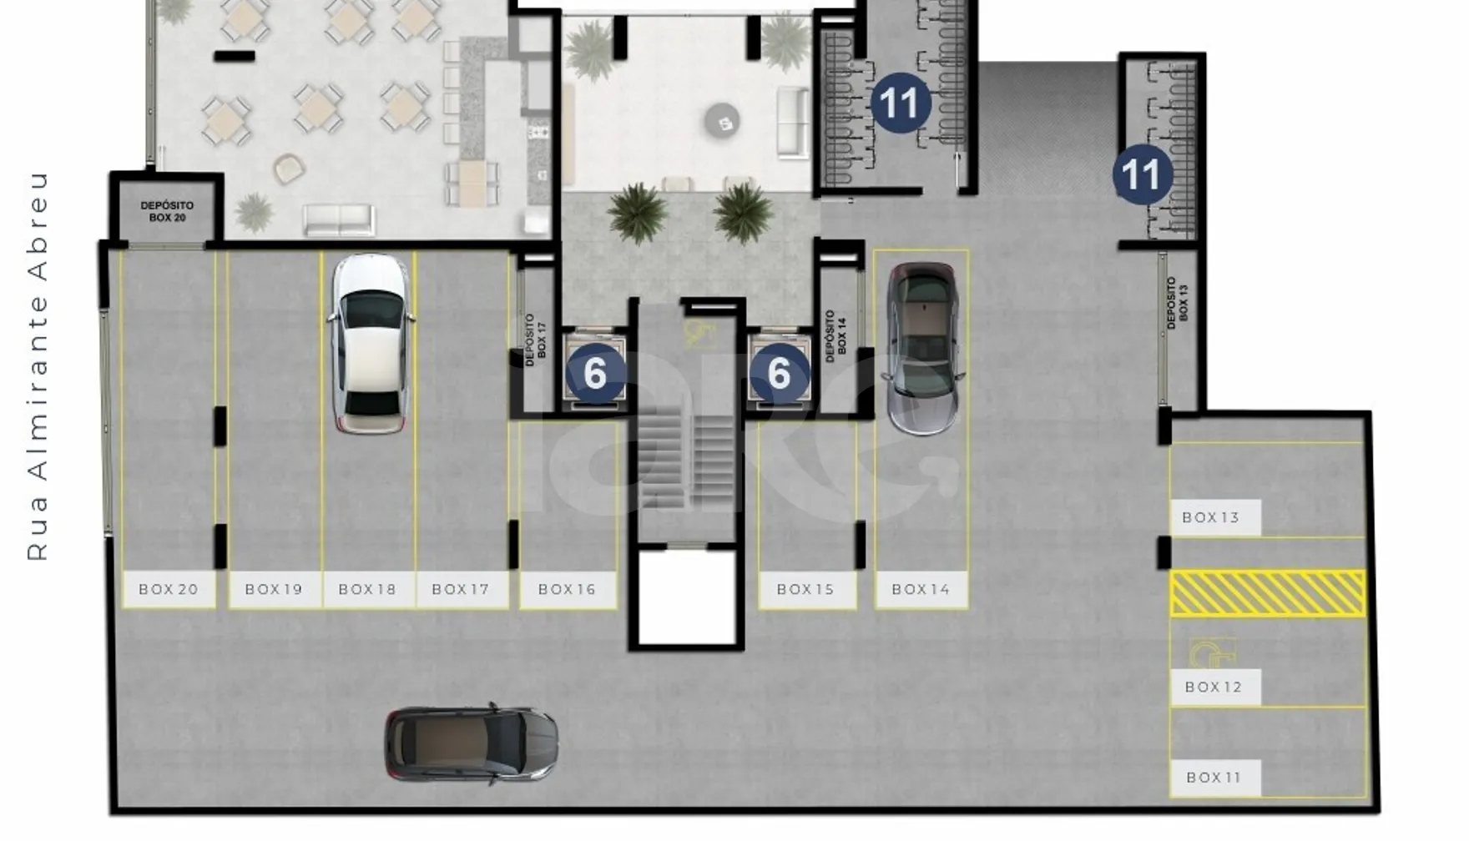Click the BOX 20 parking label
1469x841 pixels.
click(x=169, y=589)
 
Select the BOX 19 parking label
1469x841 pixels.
click(x=274, y=589)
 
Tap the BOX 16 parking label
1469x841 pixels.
click(x=568, y=589)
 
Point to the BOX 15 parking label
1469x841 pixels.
click(x=806, y=589)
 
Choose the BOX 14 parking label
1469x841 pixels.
click(x=921, y=589)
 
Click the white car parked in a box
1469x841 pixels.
click(x=370, y=344)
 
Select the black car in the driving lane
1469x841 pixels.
click(x=471, y=744)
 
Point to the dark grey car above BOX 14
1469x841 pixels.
click(x=921, y=349)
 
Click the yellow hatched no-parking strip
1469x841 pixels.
click(x=1267, y=593)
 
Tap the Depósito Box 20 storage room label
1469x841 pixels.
click(x=167, y=211)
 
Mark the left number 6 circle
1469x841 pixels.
click(x=595, y=373)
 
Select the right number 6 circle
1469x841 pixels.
click(x=779, y=373)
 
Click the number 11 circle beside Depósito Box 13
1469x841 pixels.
click(x=1143, y=174)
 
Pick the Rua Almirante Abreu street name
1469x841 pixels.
click(x=38, y=366)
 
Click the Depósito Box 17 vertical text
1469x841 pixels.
click(x=536, y=340)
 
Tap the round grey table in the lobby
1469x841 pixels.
click(x=723, y=122)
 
